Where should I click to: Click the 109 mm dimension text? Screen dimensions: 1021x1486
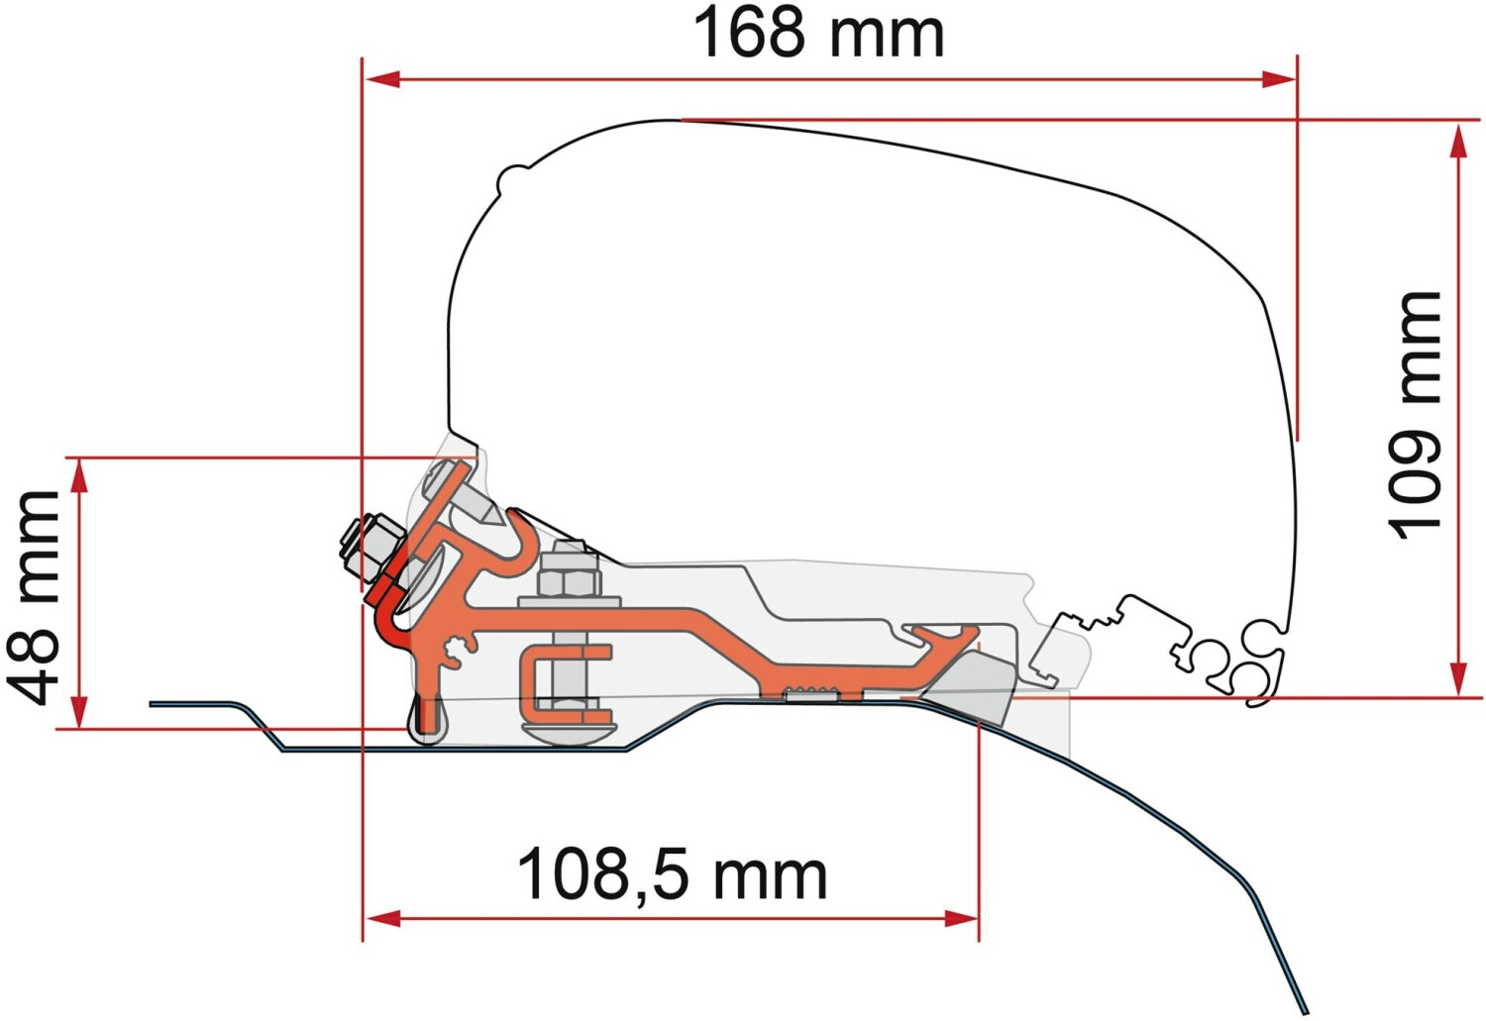coord(1415,416)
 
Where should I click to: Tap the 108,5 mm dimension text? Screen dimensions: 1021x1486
coord(672,874)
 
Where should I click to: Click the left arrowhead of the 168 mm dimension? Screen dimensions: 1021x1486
coord(382,79)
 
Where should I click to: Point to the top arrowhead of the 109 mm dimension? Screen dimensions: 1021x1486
coord(1457,141)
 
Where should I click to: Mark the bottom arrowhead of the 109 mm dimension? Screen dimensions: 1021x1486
coord(1457,678)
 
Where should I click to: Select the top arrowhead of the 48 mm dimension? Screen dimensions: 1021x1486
coord(80,476)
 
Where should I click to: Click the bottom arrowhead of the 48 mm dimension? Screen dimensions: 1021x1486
coord(80,710)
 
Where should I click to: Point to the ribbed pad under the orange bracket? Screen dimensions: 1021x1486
coord(811,694)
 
